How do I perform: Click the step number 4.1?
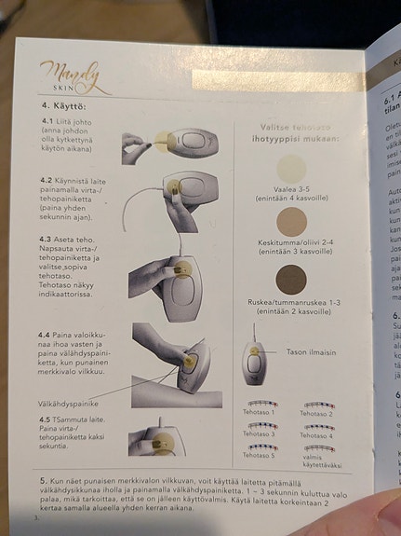[47, 121]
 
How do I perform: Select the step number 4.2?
[47, 180]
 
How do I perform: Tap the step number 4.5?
[47, 419]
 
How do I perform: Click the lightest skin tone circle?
[290, 172]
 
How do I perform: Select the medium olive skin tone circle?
[290, 221]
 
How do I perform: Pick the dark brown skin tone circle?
[290, 279]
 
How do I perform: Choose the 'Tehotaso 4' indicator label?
[317, 434]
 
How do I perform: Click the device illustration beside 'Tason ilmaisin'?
[254, 359]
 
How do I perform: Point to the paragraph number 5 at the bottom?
[43, 476]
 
